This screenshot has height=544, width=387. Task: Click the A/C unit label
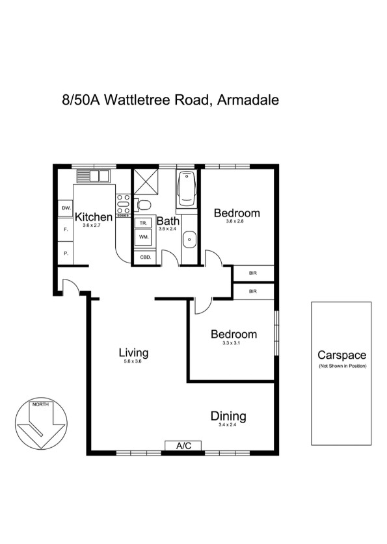click(183, 446)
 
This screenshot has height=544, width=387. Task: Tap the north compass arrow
click(41, 423)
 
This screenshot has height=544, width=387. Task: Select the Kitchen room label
click(94, 217)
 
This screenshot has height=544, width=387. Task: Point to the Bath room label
click(168, 222)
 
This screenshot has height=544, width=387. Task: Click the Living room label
click(133, 353)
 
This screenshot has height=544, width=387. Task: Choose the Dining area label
click(228, 416)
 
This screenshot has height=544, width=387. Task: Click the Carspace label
click(341, 355)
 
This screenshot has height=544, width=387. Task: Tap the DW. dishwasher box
click(66, 208)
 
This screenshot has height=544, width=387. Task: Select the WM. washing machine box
click(144, 237)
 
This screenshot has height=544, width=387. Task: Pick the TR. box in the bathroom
click(144, 223)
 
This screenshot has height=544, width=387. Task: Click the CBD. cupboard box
click(145, 257)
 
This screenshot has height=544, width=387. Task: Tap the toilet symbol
click(143, 205)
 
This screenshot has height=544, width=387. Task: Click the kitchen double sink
click(93, 175)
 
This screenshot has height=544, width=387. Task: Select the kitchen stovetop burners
click(123, 204)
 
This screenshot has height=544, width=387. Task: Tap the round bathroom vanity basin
click(189, 239)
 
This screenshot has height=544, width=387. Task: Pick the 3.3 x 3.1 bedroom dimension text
click(234, 344)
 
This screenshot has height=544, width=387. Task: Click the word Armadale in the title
click(248, 101)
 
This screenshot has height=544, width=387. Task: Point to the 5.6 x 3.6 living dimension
click(133, 361)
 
